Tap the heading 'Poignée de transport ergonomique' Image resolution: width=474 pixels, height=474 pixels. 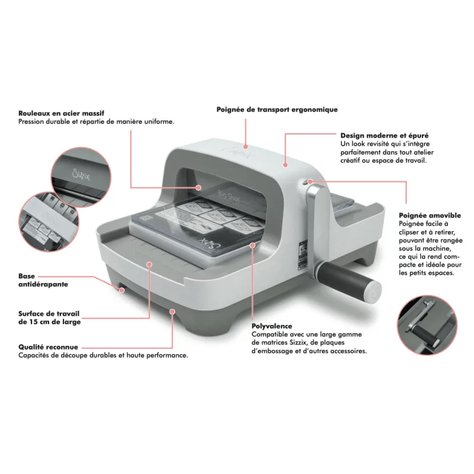tap(277, 110)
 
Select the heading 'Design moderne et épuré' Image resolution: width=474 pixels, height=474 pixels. tap(385, 135)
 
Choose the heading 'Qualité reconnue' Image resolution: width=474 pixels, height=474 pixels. tap(48, 347)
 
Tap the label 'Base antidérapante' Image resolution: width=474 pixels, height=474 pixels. tap(43, 280)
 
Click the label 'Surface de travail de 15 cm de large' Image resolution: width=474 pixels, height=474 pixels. tap(49, 317)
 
